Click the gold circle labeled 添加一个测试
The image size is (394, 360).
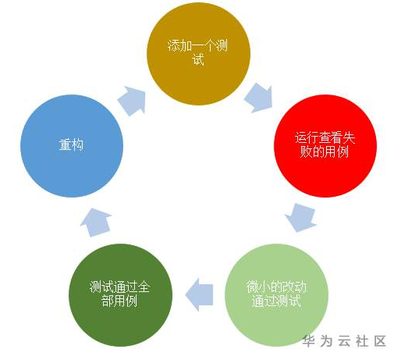pyautogui.click(x=198, y=54)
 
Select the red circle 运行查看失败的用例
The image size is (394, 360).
pyautogui.click(x=325, y=145)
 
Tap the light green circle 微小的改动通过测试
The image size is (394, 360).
pyautogui.click(x=276, y=295)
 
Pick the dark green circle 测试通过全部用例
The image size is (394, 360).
pyautogui.click(x=120, y=295)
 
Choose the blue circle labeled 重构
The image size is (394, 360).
pyautogui.click(x=72, y=145)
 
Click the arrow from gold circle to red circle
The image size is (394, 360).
pyautogui.click(x=259, y=98)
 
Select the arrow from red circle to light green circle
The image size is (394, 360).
pyautogui.click(x=301, y=218)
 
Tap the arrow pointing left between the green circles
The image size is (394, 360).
pyautogui.click(x=199, y=294)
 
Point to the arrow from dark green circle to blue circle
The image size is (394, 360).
pyautogui.click(x=96, y=223)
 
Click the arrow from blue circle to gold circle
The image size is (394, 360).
pyautogui.click(x=132, y=101)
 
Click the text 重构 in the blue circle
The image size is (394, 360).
pyautogui.click(x=71, y=144)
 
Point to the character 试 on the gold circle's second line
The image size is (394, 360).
pyautogui.click(x=198, y=59)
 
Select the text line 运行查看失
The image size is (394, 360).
pyautogui.click(x=325, y=137)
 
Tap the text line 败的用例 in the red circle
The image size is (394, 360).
pyautogui.click(x=324, y=151)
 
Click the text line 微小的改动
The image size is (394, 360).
pyautogui.click(x=276, y=287)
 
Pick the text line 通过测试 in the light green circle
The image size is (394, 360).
pyautogui.click(x=276, y=301)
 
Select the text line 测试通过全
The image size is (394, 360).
pyautogui.click(x=119, y=287)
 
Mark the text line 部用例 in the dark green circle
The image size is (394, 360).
pyautogui.click(x=119, y=301)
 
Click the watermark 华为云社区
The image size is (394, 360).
pyautogui.click(x=344, y=340)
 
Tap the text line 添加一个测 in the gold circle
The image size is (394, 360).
pyautogui.click(x=197, y=45)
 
